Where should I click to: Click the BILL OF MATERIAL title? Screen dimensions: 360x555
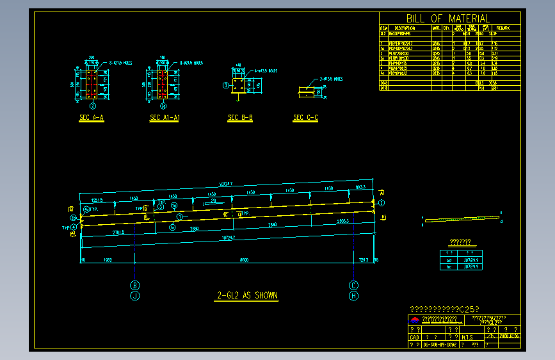[x=448, y=19]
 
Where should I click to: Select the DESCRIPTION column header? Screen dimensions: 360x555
[x=405, y=28]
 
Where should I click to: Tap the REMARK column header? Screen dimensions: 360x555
[x=503, y=28]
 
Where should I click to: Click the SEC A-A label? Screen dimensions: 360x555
[x=92, y=118]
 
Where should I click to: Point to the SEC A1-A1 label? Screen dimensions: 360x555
[x=165, y=118]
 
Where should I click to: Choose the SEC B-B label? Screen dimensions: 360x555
[x=240, y=118]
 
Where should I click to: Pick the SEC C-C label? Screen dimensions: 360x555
[x=305, y=118]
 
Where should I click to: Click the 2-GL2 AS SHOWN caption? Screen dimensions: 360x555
[x=247, y=296]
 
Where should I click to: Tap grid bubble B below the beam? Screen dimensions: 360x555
[x=135, y=285]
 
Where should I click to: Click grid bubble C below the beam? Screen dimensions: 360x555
[x=353, y=285]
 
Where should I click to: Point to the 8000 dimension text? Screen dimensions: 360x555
[x=244, y=260]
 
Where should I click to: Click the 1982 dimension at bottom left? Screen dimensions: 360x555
[x=108, y=260]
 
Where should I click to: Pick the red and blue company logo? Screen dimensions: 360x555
[x=414, y=320]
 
